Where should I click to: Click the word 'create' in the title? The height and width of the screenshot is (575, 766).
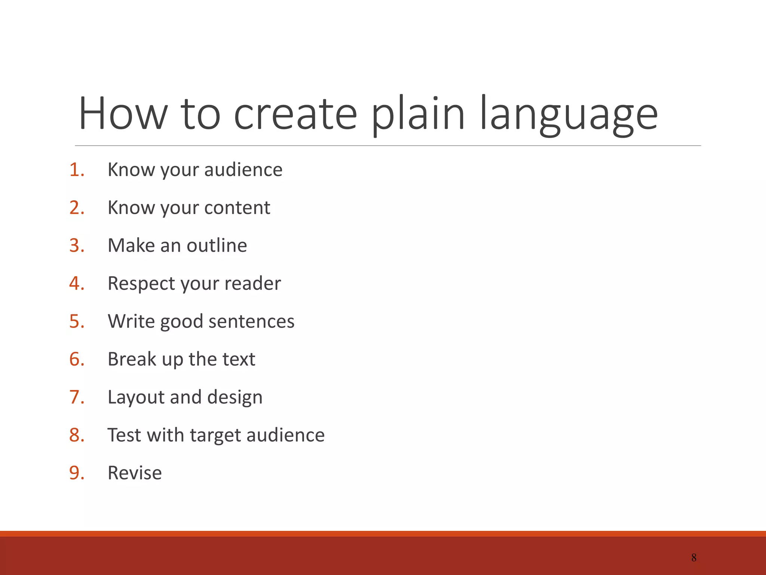[x=295, y=114]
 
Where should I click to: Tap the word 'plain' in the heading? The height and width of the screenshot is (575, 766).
[x=418, y=114]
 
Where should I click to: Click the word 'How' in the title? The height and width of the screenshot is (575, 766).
[x=123, y=114]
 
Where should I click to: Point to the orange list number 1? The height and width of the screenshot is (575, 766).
[x=76, y=170]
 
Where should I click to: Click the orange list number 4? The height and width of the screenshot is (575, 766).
[x=76, y=283]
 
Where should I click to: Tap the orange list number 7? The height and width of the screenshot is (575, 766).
[x=76, y=397]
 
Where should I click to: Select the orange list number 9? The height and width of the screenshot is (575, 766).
[x=76, y=473]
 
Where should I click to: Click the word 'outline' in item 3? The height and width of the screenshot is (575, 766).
[x=217, y=246]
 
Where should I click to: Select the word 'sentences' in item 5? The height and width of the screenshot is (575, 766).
[x=251, y=321]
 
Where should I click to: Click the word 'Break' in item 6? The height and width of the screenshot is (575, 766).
[x=132, y=359]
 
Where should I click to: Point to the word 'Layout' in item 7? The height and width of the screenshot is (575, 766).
[x=136, y=397]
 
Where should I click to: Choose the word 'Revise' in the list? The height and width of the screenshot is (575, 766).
[x=135, y=473]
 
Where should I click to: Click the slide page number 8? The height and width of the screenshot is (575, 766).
[x=694, y=558]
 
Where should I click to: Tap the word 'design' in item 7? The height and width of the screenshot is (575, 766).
[x=235, y=397]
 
